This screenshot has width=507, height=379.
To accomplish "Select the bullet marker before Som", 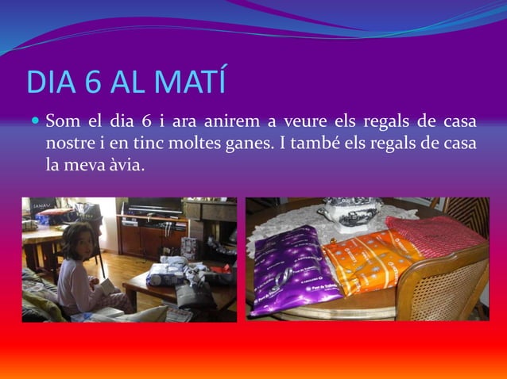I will (35, 123).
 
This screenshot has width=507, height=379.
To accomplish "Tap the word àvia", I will (126, 165).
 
